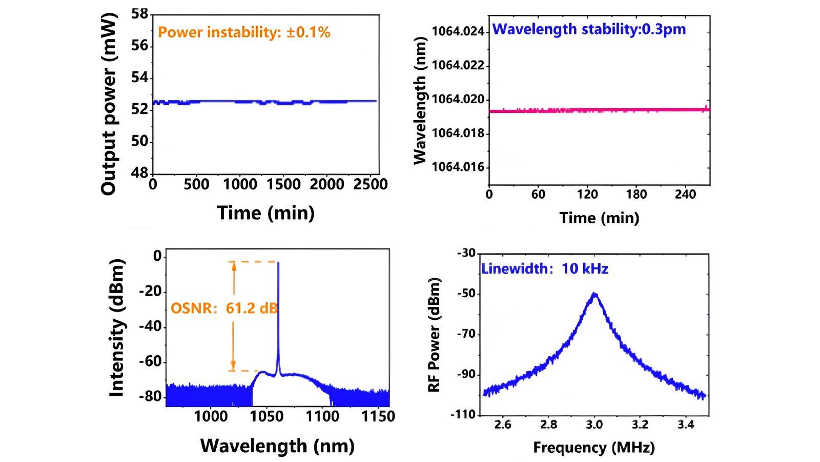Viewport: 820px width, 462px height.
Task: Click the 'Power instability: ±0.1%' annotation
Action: point(244,32)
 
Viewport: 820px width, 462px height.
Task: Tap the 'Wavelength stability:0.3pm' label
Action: point(589,29)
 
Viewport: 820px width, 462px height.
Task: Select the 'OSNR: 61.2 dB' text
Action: point(224,309)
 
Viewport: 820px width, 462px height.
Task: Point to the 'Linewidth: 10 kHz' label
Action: point(544,268)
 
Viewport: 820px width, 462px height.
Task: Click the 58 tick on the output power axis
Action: point(139,14)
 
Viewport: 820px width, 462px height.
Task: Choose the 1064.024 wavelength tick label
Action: point(458,32)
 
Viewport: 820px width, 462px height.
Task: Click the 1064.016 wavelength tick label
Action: point(458,167)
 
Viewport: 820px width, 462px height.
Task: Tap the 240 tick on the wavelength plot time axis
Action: point(685,195)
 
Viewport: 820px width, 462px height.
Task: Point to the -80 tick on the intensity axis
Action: point(150,397)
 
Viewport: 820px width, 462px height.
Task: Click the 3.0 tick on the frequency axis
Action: point(594,425)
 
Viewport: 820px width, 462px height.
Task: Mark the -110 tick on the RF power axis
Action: point(463,415)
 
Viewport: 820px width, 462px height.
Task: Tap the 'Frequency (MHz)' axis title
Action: point(594,448)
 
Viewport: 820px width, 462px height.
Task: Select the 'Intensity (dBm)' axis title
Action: point(117,328)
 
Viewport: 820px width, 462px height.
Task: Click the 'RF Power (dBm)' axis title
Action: point(435,335)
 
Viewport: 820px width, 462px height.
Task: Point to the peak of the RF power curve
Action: point(594,294)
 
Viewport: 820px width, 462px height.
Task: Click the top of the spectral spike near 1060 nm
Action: point(278,263)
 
